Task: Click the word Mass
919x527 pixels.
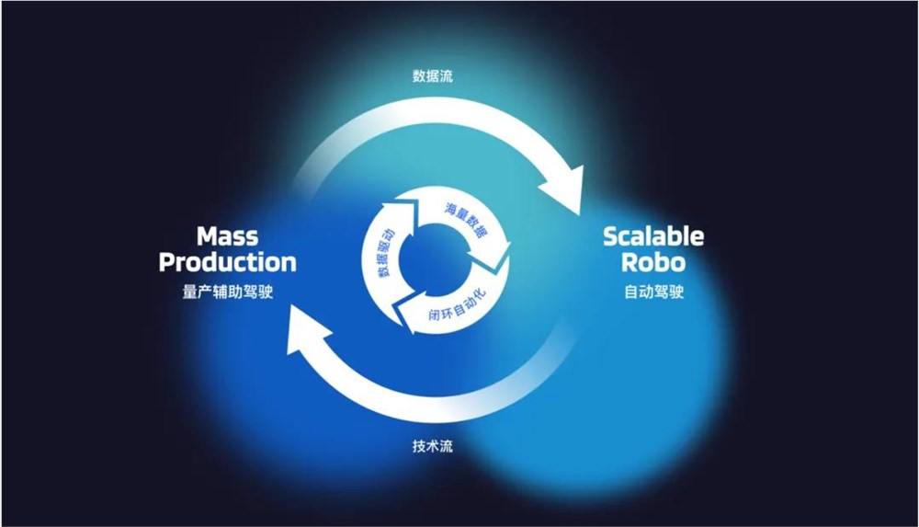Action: (227, 236)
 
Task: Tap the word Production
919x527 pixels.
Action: (227, 262)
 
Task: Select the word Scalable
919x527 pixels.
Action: (653, 236)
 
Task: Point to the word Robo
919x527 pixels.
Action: (653, 262)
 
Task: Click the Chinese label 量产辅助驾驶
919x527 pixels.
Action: (227, 292)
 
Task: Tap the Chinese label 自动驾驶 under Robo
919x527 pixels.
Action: (653, 292)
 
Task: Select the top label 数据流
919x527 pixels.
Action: (433, 76)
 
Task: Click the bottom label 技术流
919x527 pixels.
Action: (433, 446)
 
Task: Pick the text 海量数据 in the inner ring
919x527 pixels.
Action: (466, 220)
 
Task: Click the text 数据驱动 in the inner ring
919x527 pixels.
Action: (386, 252)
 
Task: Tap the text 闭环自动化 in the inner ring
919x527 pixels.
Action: (458, 304)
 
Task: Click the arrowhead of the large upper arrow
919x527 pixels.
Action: (562, 189)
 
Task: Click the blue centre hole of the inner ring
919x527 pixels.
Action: (433, 258)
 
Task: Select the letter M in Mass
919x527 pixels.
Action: (208, 236)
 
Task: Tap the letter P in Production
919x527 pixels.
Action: (167, 262)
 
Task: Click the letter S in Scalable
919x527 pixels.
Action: (611, 236)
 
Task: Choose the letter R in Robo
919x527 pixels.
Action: (630, 262)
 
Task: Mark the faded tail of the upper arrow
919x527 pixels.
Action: (305, 170)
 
